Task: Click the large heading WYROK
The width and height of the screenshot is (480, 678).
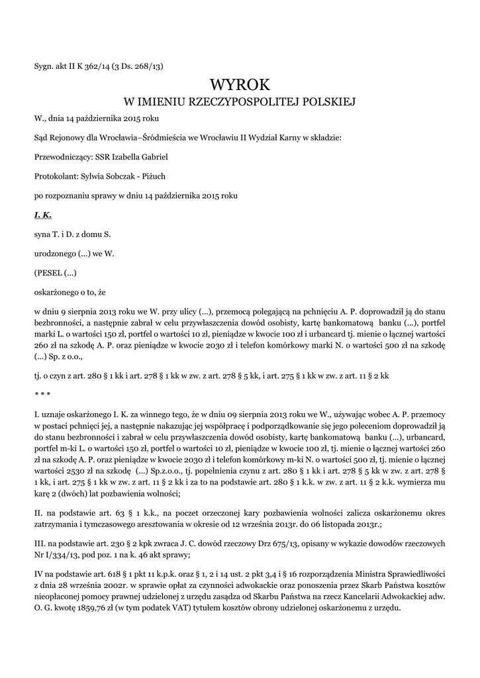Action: coord(240,85)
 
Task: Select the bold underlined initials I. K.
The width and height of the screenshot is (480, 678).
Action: coord(42,215)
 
